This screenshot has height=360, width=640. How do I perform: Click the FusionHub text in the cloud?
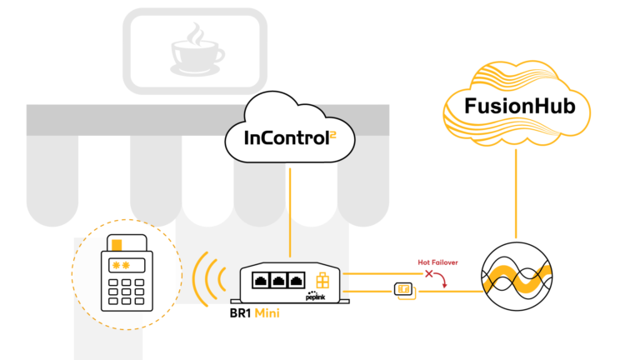coord(520,106)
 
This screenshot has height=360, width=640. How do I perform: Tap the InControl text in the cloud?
coord(287,138)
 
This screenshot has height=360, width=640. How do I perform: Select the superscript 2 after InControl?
coord(333,135)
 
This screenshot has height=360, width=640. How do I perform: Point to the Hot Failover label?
coord(437,262)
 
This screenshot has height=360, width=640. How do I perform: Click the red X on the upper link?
coord(428,274)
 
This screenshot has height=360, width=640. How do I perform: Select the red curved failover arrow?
coord(441,280)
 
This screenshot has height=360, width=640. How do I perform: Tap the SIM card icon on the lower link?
coord(404,291)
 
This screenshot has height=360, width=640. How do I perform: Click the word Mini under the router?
coord(267,313)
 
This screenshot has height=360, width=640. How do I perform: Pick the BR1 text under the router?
coord(240,313)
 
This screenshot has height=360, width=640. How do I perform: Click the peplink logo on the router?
coord(316,296)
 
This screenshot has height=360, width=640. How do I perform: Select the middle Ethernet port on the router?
coord(278,281)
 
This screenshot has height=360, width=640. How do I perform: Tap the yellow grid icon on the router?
coord(322,280)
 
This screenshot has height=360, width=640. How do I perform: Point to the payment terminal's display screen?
coord(127,266)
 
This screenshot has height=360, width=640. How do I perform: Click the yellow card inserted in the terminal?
coord(117,245)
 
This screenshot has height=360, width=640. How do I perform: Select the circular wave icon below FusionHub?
coord(517,277)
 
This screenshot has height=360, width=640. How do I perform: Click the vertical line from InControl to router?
coord(290,212)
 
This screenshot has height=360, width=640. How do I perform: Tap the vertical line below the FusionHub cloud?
coord(516,193)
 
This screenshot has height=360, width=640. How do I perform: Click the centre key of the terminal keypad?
coord(126,292)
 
